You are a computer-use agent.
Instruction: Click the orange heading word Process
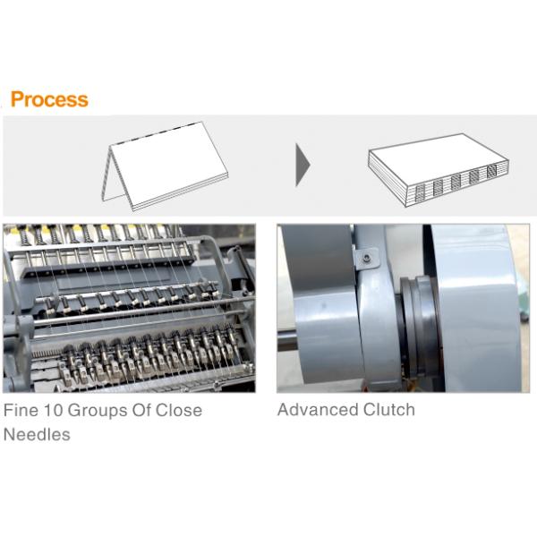tap(49, 99)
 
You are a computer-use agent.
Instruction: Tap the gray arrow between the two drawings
tap(303, 166)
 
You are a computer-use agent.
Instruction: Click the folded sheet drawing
tap(165, 166)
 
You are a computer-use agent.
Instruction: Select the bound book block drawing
tap(439, 170)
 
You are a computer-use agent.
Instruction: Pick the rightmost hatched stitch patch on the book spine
tap(491, 172)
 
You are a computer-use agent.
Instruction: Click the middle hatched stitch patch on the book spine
tap(456, 183)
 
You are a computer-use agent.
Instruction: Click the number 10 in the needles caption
tap(53, 410)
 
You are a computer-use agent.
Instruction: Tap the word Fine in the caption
tap(21, 410)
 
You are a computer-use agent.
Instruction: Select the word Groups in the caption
tap(98, 411)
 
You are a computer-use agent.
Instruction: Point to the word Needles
tap(37, 435)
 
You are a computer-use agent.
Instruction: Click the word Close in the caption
tap(179, 410)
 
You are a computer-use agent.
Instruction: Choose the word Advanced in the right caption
tap(318, 410)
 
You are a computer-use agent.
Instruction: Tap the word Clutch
tap(389, 410)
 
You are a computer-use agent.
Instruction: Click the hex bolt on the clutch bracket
tap(368, 258)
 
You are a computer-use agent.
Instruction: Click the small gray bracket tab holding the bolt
tap(366, 259)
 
